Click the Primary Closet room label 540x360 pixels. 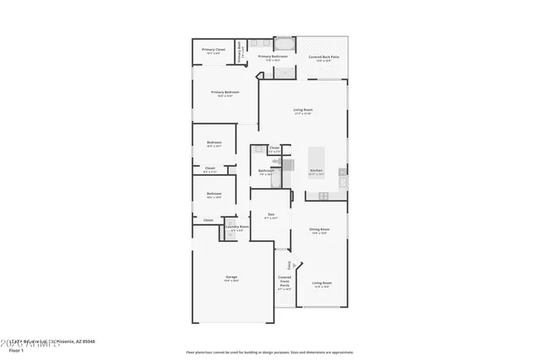pos(213,51)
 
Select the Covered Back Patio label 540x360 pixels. pos(323,58)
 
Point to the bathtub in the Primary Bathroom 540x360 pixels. pos(284,43)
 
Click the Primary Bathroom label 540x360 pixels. pos(272,57)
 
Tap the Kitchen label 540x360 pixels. pos(316,171)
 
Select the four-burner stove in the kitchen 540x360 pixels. pos(323,196)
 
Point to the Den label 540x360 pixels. pos(271,215)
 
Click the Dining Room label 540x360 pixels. pos(319,229)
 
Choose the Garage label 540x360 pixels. pos(230,277)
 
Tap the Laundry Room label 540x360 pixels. pos(237,228)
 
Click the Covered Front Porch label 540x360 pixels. pos(284,282)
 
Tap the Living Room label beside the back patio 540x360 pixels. pos(303,110)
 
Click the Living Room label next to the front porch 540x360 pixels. pos(321,284)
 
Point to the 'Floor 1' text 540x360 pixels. pos(15,349)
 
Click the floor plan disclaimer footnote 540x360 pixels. pos(269,352)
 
